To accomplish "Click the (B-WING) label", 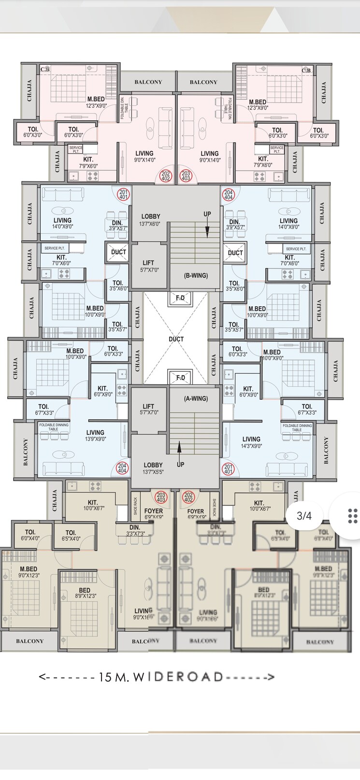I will pos(196,275).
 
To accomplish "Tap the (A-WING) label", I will pos(196,399).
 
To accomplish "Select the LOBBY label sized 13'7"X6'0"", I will pos(151,220).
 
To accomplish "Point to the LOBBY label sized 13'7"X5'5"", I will pos(153,468).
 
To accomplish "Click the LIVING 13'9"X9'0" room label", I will pos(95,435).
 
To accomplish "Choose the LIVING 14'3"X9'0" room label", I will pos(251,442).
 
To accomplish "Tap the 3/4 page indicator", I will pos(304,516).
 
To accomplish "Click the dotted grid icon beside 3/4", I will pos(352,516).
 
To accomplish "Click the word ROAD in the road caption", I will pos(199,677).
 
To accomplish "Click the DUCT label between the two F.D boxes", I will pos(176,339).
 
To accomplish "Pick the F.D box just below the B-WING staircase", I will pos(180,298).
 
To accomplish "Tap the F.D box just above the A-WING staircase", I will pos(180,377).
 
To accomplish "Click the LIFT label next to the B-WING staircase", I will pos(148,266).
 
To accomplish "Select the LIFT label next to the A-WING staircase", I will pos(148,409).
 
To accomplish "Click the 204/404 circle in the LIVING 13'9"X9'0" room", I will pos(122,467).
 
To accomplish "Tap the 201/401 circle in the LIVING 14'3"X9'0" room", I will pos(228,468).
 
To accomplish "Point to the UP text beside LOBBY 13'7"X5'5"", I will pos(180,465).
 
